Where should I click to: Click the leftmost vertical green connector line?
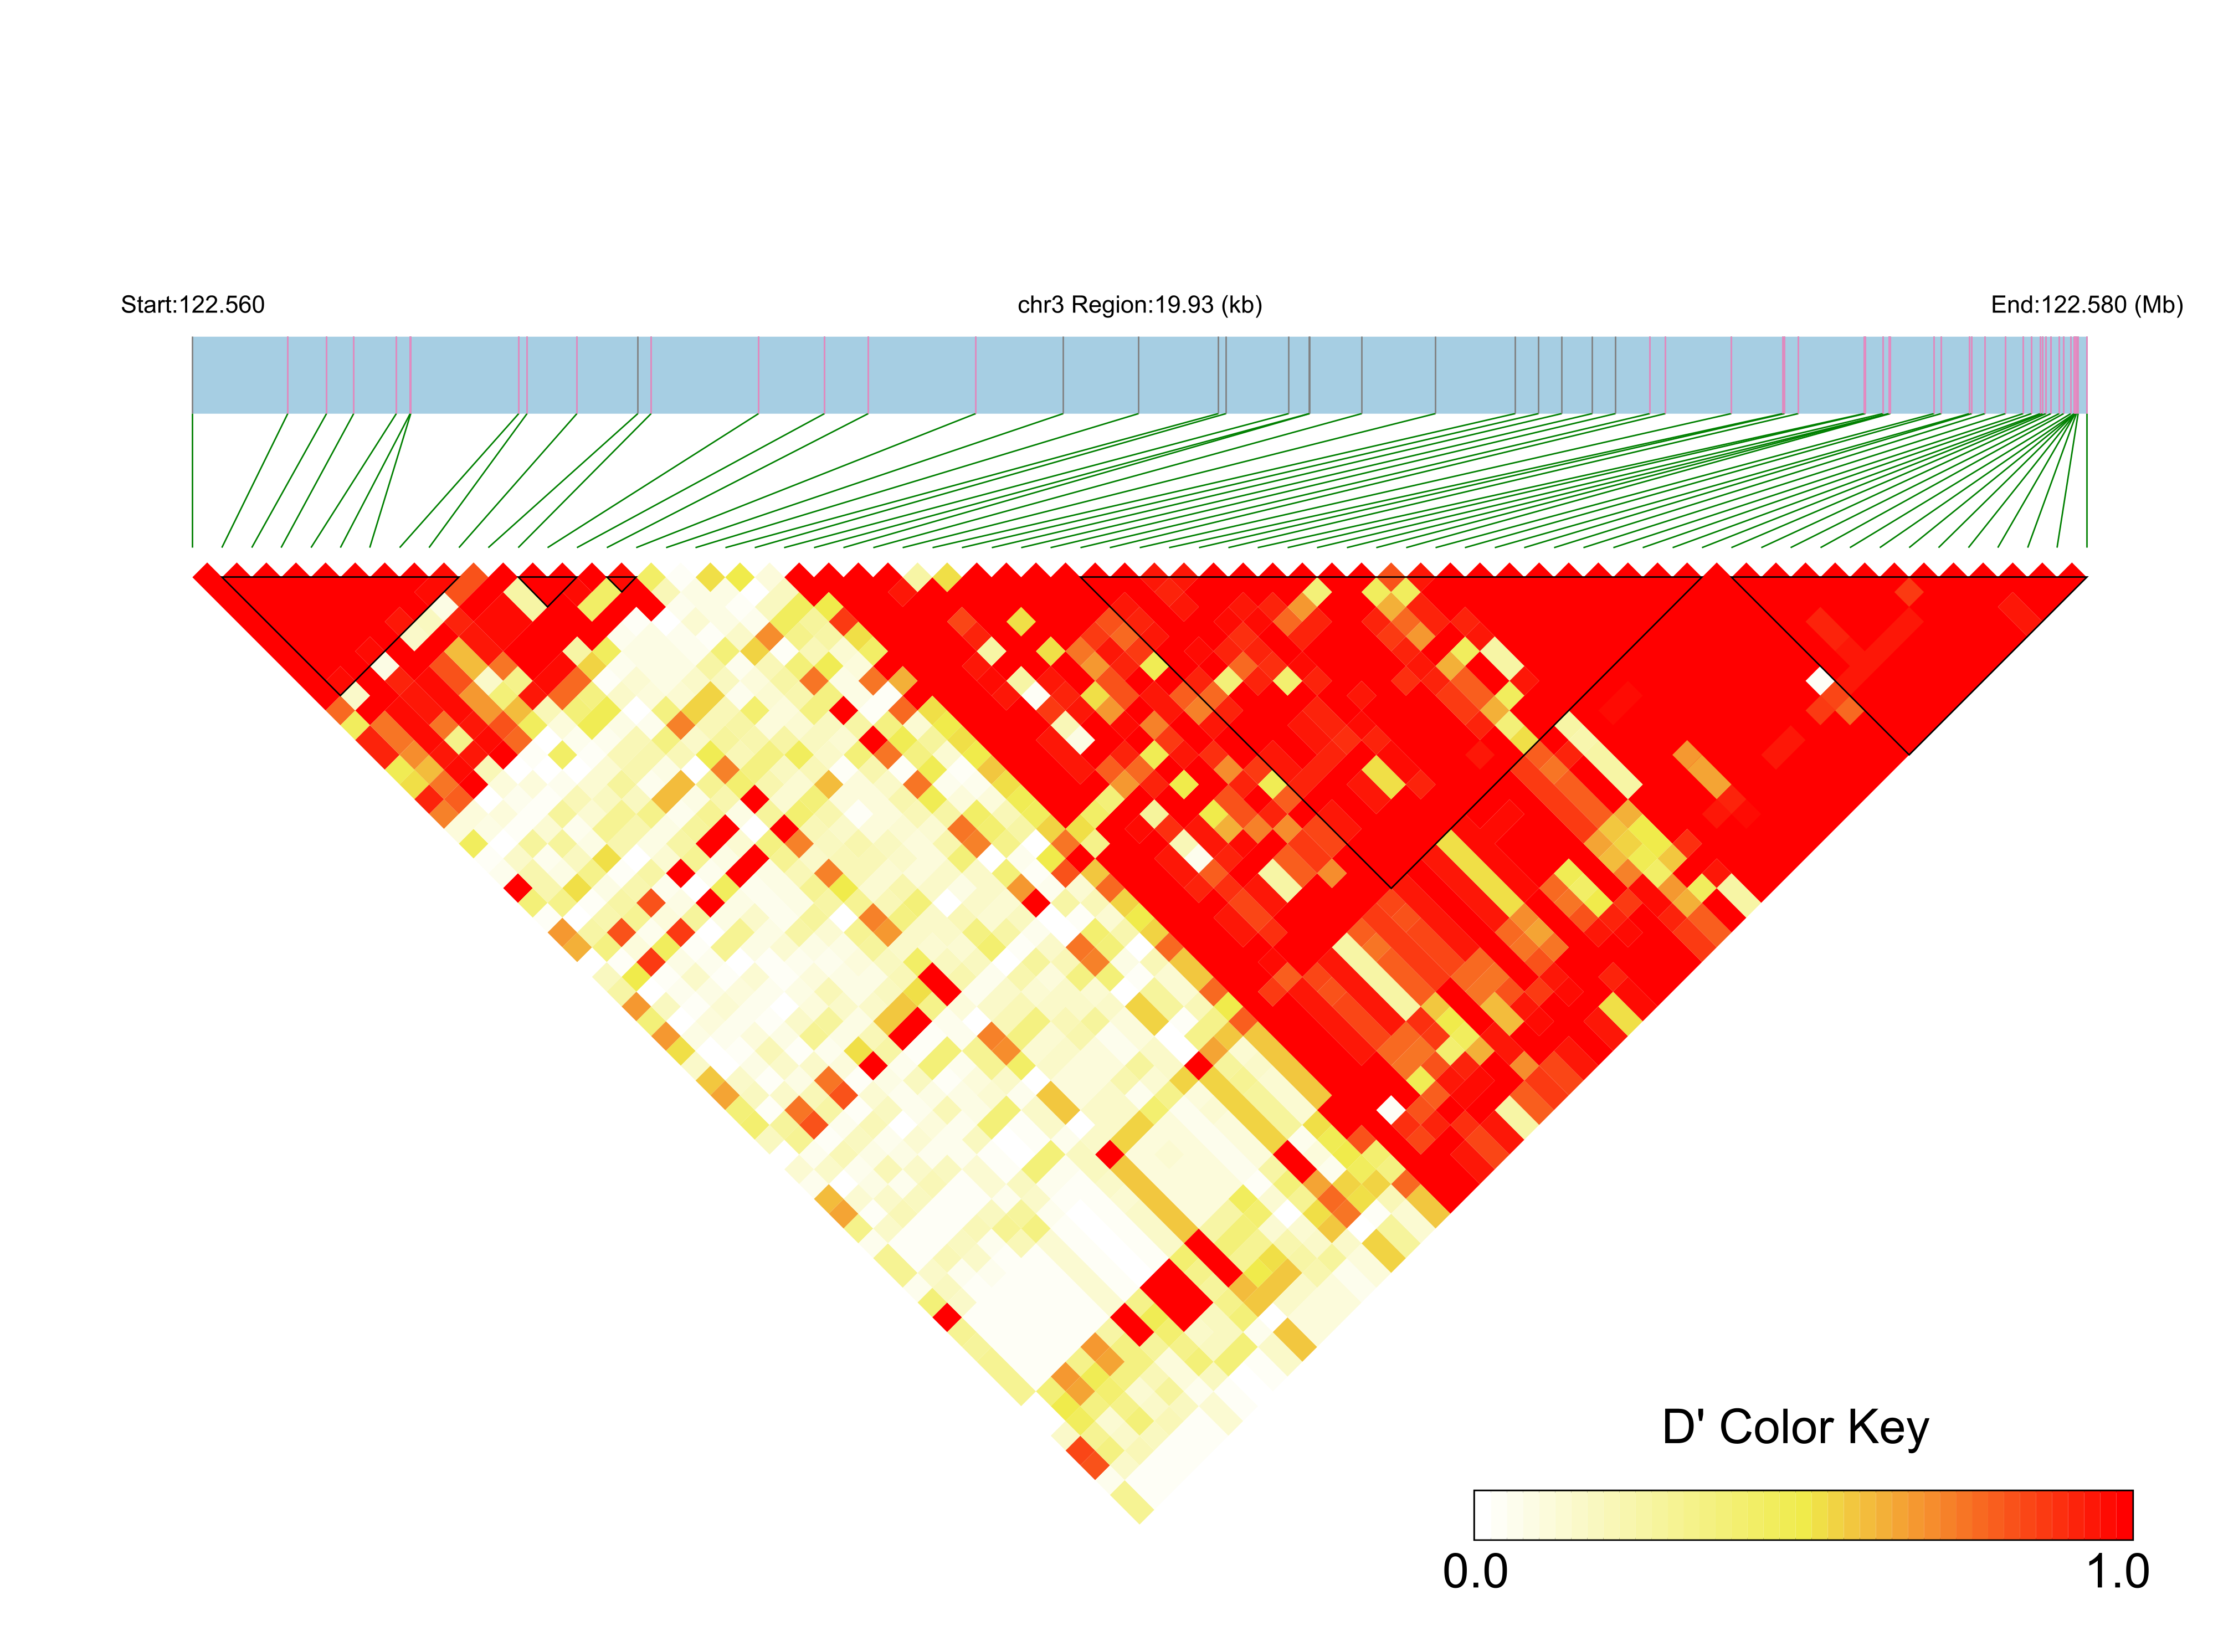[192, 480]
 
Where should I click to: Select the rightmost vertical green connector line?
[2086, 480]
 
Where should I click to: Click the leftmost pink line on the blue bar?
[287, 375]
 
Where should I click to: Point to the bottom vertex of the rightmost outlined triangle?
[1908, 753]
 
